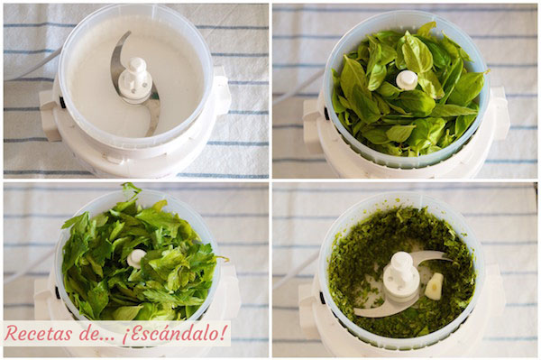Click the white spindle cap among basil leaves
click(x=408, y=79)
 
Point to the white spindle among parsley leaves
click(x=136, y=258)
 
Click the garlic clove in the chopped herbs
click(x=435, y=286)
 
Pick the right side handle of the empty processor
click(x=222, y=95)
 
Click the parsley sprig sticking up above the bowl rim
click(x=132, y=190)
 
